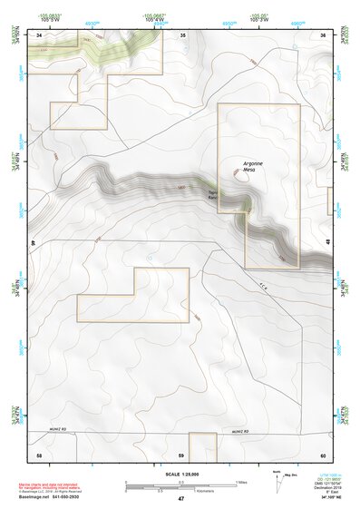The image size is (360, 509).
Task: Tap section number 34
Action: click(39, 35)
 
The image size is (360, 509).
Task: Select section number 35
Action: click(182, 35)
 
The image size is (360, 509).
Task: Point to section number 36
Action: click(322, 35)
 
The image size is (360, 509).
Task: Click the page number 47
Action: click(180, 499)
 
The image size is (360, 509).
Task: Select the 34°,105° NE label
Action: click(324, 499)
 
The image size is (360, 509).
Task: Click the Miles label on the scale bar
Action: click(240, 482)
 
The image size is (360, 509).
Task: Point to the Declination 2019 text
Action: click(325, 489)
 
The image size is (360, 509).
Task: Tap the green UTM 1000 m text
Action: click(324, 475)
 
